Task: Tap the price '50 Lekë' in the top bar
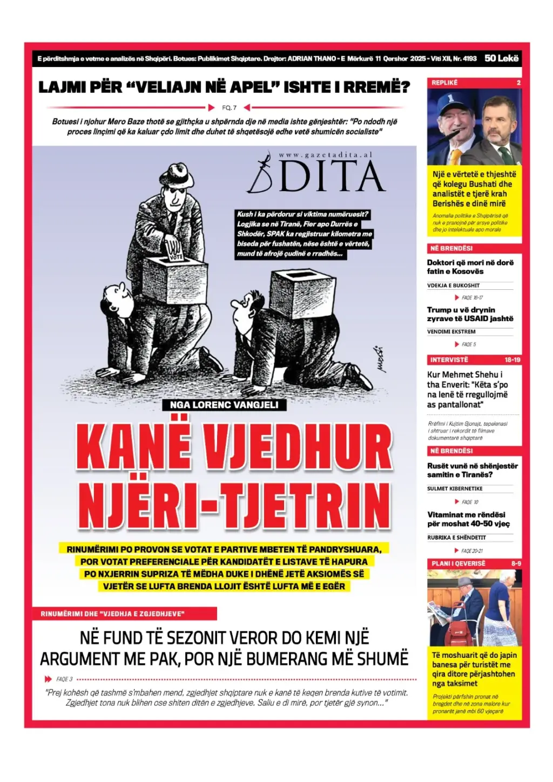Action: (x=501, y=58)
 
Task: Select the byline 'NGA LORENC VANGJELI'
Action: (x=224, y=405)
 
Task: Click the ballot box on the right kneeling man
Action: (x=296, y=287)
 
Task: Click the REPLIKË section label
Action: (x=444, y=83)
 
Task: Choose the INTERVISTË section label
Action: (x=449, y=359)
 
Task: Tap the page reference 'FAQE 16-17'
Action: (x=472, y=297)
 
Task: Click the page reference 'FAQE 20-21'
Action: (x=472, y=551)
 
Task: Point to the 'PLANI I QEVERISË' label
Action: (x=458, y=563)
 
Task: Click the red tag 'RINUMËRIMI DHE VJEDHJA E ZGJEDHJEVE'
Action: (x=112, y=614)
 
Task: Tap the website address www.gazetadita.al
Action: (x=326, y=155)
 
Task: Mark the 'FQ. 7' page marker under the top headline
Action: (x=230, y=107)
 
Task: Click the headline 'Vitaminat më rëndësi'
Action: (x=467, y=514)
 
